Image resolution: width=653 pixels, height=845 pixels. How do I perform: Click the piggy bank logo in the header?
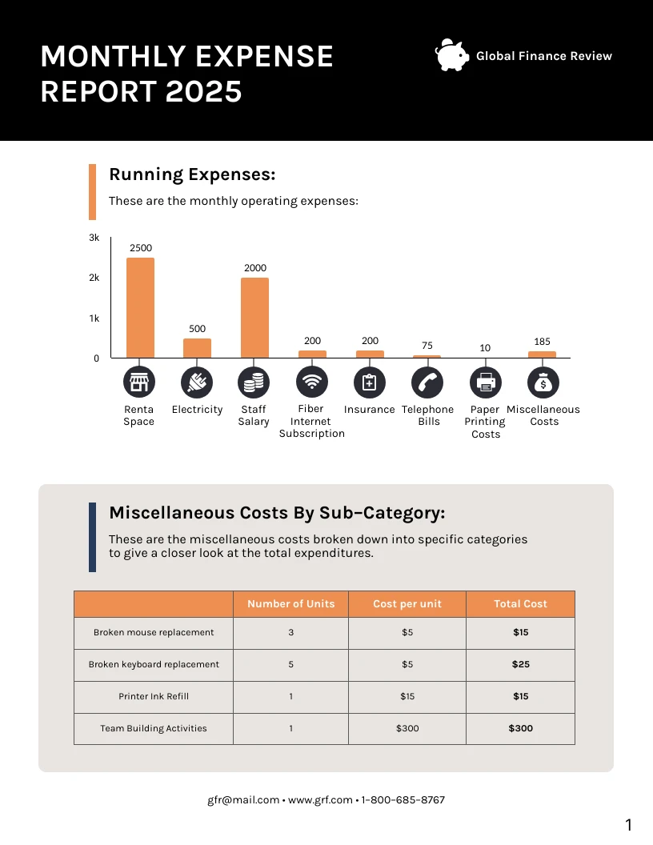(x=452, y=56)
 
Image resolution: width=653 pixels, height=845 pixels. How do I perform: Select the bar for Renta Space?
(x=140, y=307)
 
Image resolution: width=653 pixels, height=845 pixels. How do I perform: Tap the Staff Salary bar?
(x=254, y=318)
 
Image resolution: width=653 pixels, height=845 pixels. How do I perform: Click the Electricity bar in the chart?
(x=197, y=348)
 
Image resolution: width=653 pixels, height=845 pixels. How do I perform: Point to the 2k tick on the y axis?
(x=94, y=278)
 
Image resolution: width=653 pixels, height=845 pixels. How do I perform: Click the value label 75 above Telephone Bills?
(x=427, y=346)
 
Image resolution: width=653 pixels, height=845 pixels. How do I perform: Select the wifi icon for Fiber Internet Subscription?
(x=312, y=382)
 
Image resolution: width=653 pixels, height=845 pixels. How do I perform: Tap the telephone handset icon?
(x=427, y=382)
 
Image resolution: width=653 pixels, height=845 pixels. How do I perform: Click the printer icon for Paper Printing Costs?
(x=486, y=382)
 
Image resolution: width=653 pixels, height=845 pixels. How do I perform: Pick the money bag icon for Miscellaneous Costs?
(x=543, y=382)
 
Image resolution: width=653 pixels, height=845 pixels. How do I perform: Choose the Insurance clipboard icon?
(x=369, y=382)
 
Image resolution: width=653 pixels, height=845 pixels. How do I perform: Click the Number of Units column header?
(x=291, y=604)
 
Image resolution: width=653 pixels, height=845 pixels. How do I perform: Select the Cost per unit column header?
(x=407, y=604)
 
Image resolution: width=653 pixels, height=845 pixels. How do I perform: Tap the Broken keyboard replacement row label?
(x=154, y=664)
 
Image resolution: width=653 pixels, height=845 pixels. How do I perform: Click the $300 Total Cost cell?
(x=520, y=728)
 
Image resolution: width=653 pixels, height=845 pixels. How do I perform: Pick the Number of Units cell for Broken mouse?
(x=291, y=632)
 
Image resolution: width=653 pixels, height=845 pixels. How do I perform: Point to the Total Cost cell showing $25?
(x=520, y=664)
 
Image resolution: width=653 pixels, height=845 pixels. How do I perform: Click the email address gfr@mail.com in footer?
(x=243, y=799)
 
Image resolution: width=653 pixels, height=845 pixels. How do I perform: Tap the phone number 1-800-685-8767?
(x=403, y=799)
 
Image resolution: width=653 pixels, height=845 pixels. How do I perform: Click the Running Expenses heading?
(x=192, y=174)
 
